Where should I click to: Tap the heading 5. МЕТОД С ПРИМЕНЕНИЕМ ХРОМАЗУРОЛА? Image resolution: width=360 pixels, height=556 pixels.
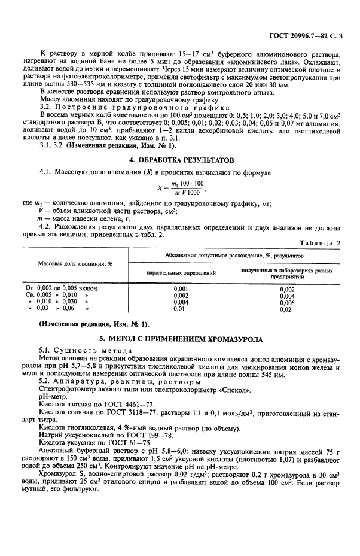point(179,339)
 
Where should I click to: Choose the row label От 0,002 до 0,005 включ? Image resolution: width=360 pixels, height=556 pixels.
point(60,288)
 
